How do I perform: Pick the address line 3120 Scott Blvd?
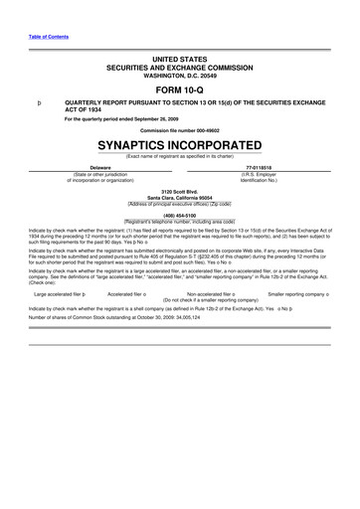coord(180,190)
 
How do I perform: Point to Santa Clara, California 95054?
coord(180,196)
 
